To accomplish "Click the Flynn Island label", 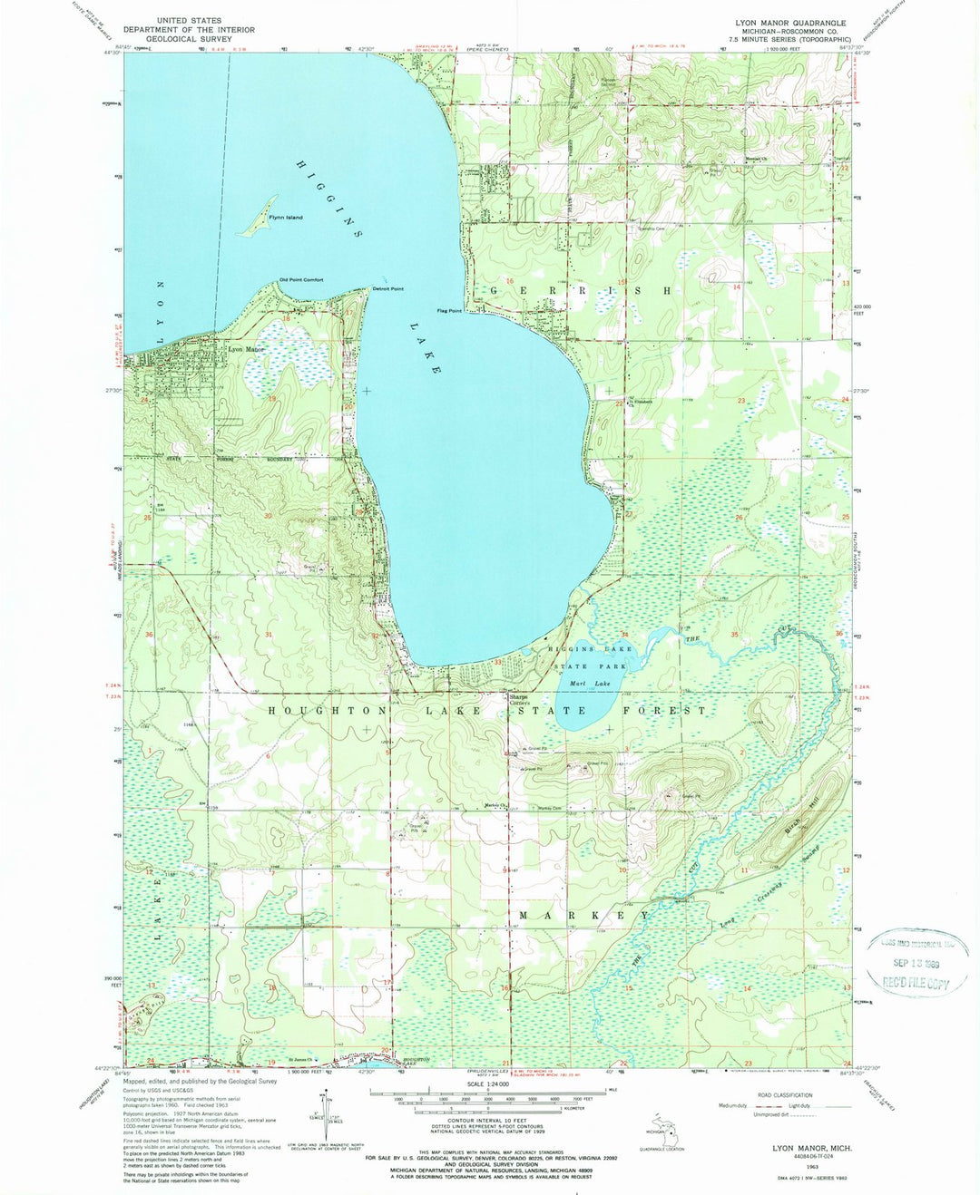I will pos(285,219).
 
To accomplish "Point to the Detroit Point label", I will pos(387,289).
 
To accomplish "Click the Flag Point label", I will pos(449,311).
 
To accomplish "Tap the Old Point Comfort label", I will pos(300,280).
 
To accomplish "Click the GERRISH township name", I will pos(581,290).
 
